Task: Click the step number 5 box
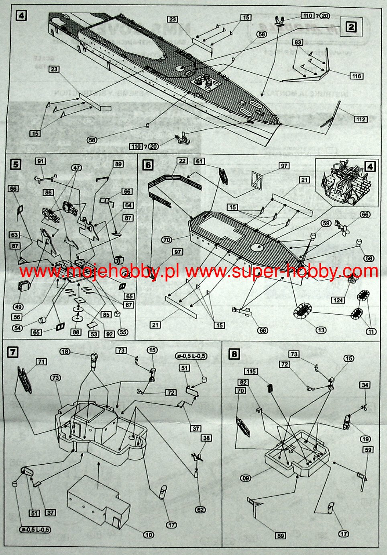pyautogui.click(x=15, y=164)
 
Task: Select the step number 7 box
pyautogui.click(x=13, y=352)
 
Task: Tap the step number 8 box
pyautogui.click(x=234, y=354)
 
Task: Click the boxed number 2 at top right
pyautogui.click(x=351, y=27)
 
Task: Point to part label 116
pyautogui.click(x=356, y=76)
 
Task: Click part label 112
pyautogui.click(x=361, y=119)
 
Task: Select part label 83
pyautogui.click(x=297, y=42)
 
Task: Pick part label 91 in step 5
pyautogui.click(x=41, y=161)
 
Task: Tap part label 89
pyautogui.click(x=118, y=164)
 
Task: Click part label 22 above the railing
pyautogui.click(x=182, y=161)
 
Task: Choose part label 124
pyautogui.click(x=338, y=300)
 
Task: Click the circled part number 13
pyautogui.click(x=321, y=330)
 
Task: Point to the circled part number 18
pyautogui.click(x=65, y=352)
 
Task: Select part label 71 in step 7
pyautogui.click(x=41, y=362)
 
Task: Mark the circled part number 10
pyautogui.click(x=149, y=535)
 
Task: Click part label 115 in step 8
pyautogui.click(x=252, y=371)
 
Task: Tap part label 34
pyautogui.click(x=365, y=385)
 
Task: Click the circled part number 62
pyautogui.click(x=200, y=510)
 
